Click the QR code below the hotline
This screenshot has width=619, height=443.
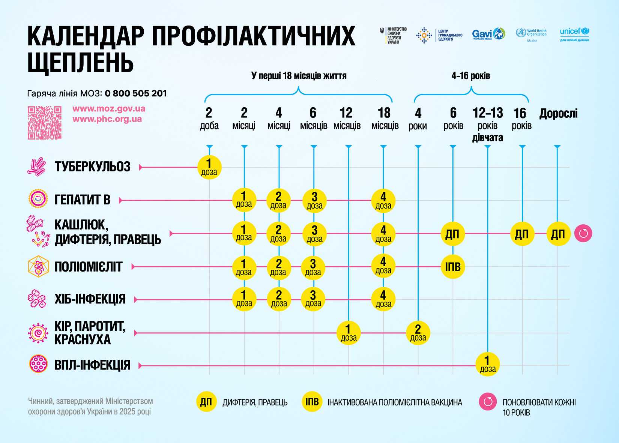pos(45,123)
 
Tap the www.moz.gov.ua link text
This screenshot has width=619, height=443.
pos(109,109)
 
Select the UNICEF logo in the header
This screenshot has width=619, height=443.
pos(574,34)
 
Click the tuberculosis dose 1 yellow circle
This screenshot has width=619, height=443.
pos(209,167)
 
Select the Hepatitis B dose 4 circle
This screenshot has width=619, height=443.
pos(383,201)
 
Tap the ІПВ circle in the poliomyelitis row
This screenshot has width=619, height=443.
pos(453,267)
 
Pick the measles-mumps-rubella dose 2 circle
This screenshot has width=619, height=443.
pos(418,333)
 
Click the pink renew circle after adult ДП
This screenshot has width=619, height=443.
pos(583,234)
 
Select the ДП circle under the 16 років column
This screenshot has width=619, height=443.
pos(522,234)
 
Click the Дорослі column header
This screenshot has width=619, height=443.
pos(558,113)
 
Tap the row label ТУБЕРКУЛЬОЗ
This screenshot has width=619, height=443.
pos(92,167)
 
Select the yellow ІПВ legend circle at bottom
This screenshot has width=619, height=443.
pos(312,402)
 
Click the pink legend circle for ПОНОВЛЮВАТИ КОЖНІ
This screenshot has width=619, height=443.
pos(488,402)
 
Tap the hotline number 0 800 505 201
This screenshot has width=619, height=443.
pos(136,93)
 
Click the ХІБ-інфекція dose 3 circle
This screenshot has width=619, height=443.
pos(313,299)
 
